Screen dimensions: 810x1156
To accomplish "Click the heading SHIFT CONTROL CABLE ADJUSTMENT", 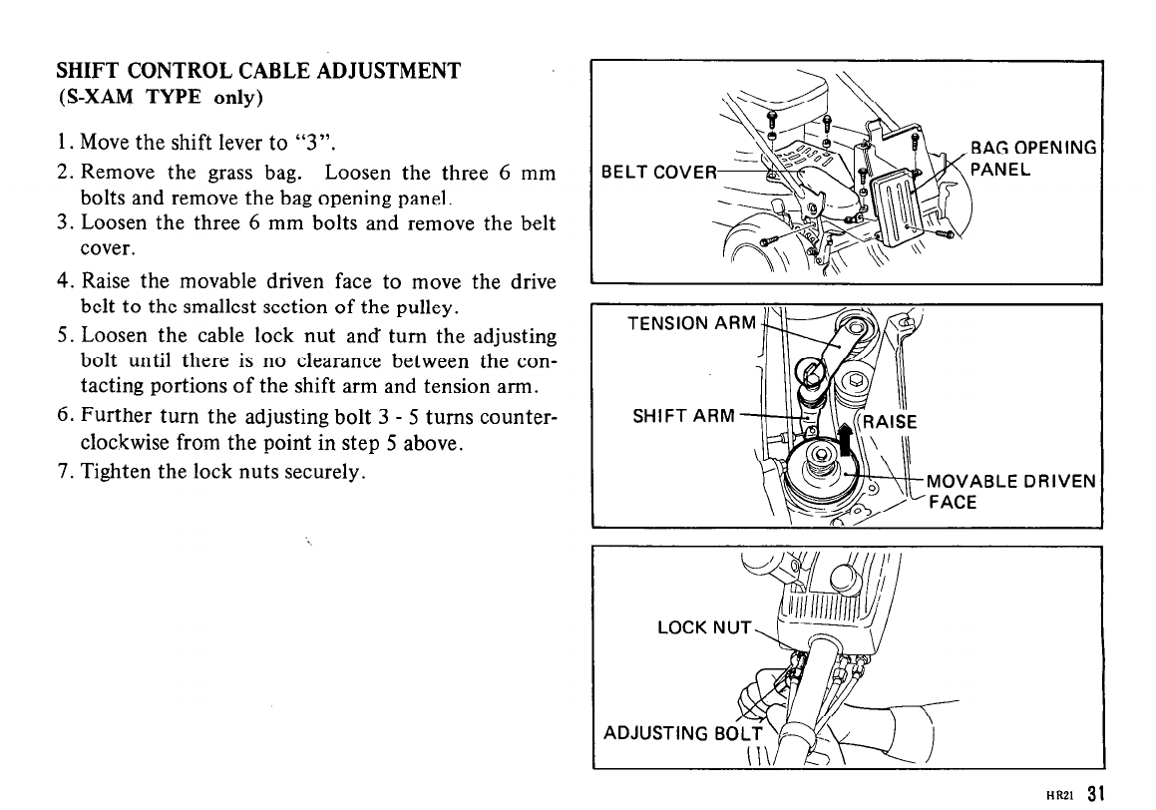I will [x=258, y=72].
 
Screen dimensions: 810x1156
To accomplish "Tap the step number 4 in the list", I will [x=61, y=281].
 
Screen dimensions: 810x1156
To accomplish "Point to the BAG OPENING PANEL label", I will [x=1033, y=159].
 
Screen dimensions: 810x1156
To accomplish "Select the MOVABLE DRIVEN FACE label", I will [x=1011, y=492].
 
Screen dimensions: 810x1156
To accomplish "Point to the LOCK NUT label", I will [x=703, y=627].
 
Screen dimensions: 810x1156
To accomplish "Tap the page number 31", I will [x=1096, y=794].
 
